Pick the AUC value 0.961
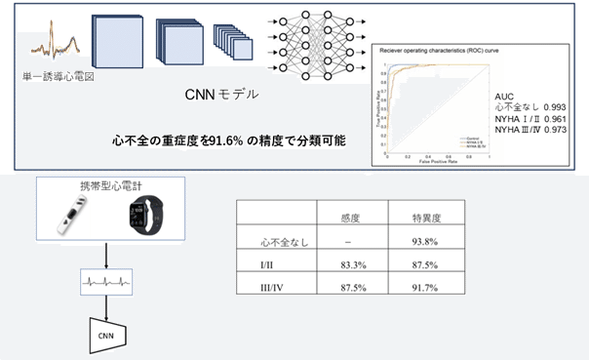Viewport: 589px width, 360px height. click(564, 119)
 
